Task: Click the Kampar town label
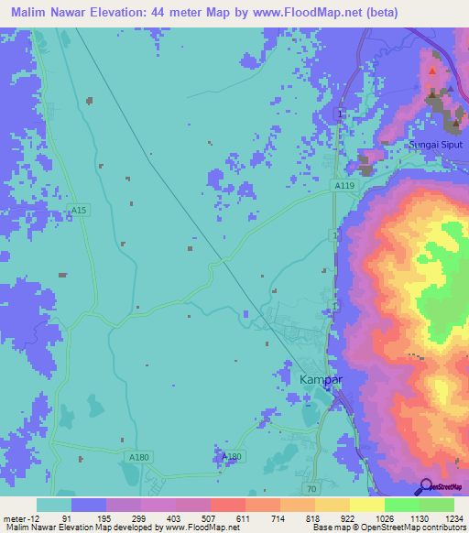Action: pyautogui.click(x=321, y=378)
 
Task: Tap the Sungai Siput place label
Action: pyautogui.click(x=436, y=145)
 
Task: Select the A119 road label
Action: pyautogui.click(x=344, y=186)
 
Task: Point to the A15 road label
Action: pyautogui.click(x=80, y=212)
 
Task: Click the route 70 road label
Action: pyautogui.click(x=312, y=489)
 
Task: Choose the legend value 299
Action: pyautogui.click(x=140, y=518)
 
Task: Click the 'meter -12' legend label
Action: pyautogui.click(x=19, y=518)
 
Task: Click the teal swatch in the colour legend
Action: pyautogui.click(x=53, y=505)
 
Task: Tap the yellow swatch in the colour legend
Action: pyautogui.click(x=366, y=505)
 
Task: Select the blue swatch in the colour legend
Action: pyautogui.click(x=88, y=505)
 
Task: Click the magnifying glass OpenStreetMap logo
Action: pyautogui.click(x=428, y=488)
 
